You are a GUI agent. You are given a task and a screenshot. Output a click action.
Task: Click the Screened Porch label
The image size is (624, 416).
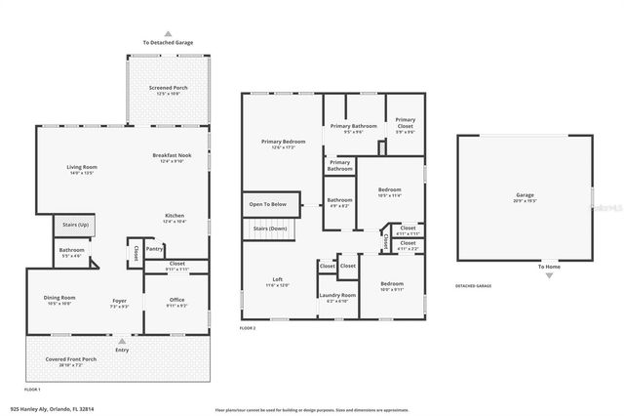(x=169, y=90)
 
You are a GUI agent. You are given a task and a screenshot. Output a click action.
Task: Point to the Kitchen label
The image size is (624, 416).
(x=174, y=217)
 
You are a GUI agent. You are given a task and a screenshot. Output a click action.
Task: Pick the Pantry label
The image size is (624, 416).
(x=154, y=249)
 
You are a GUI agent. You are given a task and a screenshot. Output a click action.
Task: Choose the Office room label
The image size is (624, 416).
(x=176, y=300)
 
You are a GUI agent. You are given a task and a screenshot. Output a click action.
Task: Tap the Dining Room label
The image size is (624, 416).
(x=59, y=298)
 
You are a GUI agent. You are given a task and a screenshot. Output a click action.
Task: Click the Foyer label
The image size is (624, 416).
(x=119, y=301)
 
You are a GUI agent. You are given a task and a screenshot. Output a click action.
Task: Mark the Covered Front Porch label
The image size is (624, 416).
(x=69, y=360)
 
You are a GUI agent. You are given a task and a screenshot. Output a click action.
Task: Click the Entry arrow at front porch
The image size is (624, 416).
(x=122, y=341)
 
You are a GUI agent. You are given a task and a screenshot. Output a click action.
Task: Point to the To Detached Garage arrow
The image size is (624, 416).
(x=169, y=33)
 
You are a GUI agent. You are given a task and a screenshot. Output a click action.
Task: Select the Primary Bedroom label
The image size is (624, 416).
(x=283, y=143)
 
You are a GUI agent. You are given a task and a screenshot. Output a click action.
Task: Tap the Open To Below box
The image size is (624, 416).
(x=267, y=204)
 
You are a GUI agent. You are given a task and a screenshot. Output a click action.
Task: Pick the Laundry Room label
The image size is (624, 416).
(x=337, y=295)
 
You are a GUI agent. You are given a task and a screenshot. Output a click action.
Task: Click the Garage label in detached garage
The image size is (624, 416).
(x=525, y=196)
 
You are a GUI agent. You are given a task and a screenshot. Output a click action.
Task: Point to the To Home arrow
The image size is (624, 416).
(x=549, y=275)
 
